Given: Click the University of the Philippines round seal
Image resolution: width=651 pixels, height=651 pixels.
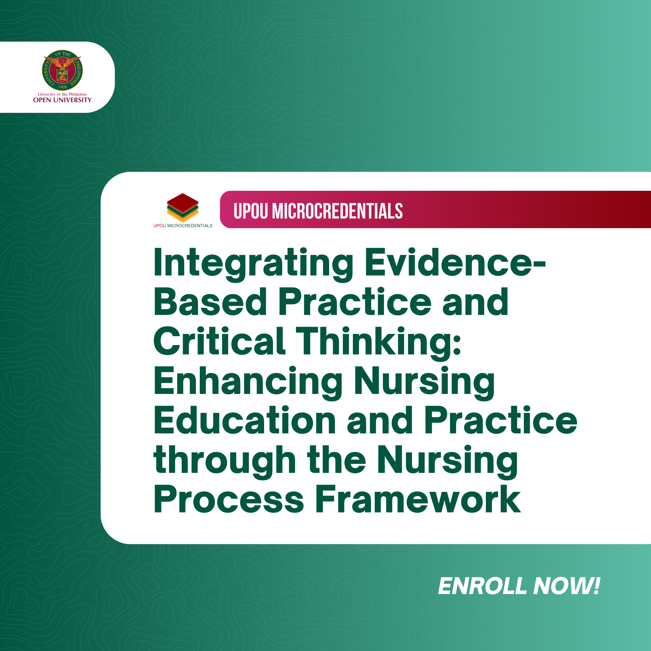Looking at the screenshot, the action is (62, 70).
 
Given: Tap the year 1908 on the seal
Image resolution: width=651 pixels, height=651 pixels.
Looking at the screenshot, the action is (62, 87).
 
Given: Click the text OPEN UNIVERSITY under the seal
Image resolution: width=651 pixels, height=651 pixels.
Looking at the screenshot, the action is (62, 100).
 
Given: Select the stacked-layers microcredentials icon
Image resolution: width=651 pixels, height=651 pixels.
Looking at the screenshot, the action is (183, 208).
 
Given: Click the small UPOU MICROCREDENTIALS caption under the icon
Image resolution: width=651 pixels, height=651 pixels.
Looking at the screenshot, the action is (183, 226).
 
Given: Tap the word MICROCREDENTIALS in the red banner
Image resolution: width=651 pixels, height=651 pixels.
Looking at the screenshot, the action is (337, 211).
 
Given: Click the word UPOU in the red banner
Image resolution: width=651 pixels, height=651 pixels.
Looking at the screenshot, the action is (251, 211).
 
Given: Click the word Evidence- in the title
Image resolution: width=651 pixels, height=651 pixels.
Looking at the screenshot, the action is (455, 263).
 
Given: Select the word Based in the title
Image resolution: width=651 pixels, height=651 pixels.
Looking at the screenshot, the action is (210, 302).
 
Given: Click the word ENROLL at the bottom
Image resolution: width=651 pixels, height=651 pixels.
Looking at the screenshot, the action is (483, 586).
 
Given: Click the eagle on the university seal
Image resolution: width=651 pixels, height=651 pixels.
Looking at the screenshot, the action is (62, 63).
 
